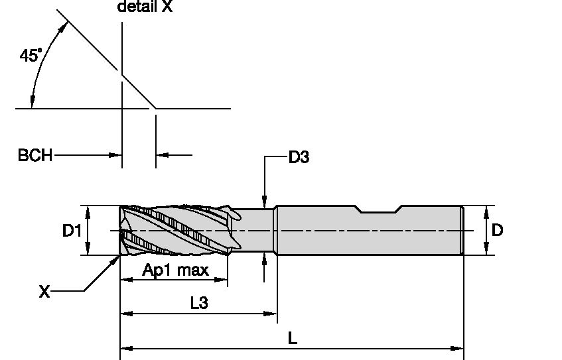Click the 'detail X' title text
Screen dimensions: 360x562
pyautogui.click(x=144, y=7)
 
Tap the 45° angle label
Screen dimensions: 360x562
pyautogui.click(x=31, y=56)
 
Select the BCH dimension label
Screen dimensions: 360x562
pyautogui.click(x=35, y=156)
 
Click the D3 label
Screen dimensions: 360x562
pyautogui.click(x=299, y=157)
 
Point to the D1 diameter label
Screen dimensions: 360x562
pyautogui.click(x=72, y=231)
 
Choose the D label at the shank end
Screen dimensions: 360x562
pyautogui.click(x=497, y=230)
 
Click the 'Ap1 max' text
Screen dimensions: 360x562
pyautogui.click(x=176, y=270)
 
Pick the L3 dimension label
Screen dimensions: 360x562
pyautogui.click(x=199, y=303)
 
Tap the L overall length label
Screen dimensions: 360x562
pyautogui.click(x=292, y=337)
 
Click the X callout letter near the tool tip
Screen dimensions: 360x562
pyautogui.click(x=44, y=291)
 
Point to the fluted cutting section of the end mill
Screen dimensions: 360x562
pyautogui.click(x=176, y=230)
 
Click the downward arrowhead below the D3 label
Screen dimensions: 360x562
pyautogui.click(x=265, y=203)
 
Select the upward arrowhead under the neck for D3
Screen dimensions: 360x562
pyautogui.click(x=265, y=258)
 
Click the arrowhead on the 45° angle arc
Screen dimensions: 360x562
pyautogui.click(x=65, y=26)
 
